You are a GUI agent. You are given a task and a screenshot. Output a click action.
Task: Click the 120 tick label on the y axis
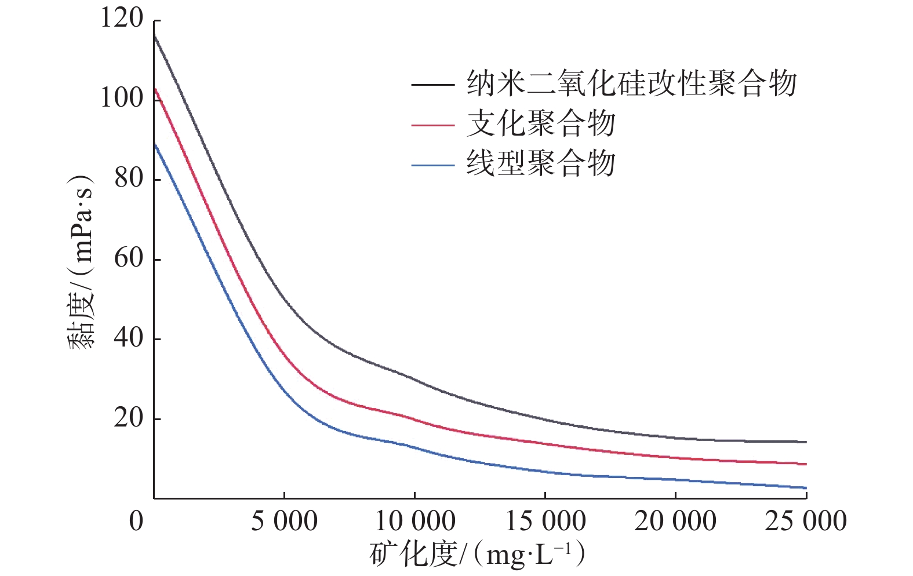pos(122,19)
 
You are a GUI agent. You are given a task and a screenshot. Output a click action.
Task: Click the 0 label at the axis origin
pos(136,521)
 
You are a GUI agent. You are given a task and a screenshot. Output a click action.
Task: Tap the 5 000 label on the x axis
pos(284,521)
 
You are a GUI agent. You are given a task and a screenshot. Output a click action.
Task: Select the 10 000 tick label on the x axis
pos(414,521)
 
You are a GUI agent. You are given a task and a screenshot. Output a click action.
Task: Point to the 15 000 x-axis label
pos(545,521)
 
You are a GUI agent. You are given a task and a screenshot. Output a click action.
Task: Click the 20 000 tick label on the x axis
pos(675,521)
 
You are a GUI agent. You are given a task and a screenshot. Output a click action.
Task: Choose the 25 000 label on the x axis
pos(806,521)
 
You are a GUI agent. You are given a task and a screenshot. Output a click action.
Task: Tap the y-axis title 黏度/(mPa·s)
pos(81,261)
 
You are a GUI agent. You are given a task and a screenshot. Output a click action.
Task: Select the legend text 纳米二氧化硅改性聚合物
pos(632,84)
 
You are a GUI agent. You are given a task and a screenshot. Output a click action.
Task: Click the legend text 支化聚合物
pos(541,124)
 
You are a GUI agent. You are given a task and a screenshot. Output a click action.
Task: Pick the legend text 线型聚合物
pos(541,164)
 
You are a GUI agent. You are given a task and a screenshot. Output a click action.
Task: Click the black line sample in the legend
pos(433,85)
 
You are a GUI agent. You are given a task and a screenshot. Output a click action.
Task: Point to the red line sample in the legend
pos(433,125)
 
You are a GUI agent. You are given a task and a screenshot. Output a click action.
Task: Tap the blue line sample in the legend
pos(433,165)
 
